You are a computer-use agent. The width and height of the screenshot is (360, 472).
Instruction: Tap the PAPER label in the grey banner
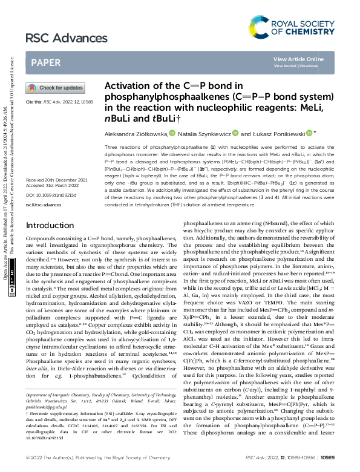[45, 62]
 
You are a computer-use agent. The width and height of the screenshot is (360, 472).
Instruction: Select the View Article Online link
[298, 59]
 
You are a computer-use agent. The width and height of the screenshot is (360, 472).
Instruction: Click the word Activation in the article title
[125, 86]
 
